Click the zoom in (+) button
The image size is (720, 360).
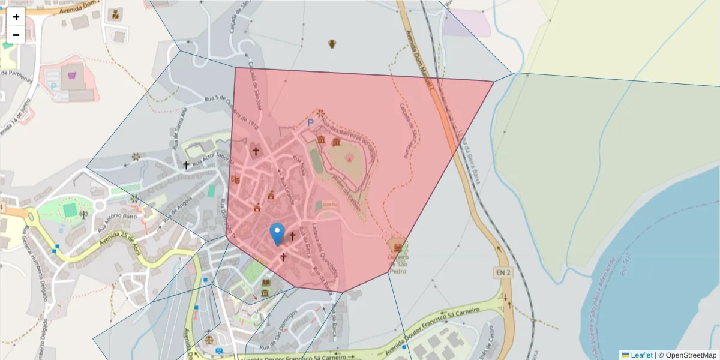(x=16, y=17)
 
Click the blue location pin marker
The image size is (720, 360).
(x=277, y=233)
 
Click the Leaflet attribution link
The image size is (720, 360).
(x=641, y=355)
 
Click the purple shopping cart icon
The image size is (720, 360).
(x=73, y=76)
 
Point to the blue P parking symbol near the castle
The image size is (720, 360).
(x=310, y=122)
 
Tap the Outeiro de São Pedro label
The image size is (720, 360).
(x=398, y=265)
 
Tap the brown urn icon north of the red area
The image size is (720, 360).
(x=332, y=43)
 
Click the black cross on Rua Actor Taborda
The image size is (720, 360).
(x=187, y=164)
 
